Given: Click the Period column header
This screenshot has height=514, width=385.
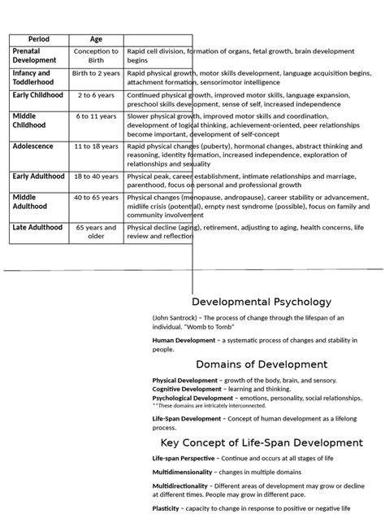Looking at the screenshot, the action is [39, 39].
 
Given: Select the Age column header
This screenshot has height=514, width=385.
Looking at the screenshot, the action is [96, 39].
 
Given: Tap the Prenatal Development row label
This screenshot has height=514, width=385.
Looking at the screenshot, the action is [35, 55].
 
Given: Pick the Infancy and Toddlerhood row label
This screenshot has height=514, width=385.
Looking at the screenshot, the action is [33, 77].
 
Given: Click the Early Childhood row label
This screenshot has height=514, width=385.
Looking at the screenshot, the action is [38, 94].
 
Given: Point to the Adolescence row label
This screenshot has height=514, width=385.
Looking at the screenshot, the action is [33, 146].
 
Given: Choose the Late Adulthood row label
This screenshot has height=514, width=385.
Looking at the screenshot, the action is [37, 228].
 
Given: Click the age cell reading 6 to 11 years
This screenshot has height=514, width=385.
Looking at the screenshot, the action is [96, 117].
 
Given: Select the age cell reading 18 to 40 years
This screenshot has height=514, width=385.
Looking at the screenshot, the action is [96, 176].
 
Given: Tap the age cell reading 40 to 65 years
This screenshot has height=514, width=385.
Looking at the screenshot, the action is [96, 198].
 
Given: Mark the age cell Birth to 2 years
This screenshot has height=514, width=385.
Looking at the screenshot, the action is [96, 73].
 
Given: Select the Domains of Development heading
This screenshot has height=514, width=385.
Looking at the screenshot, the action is [262, 364].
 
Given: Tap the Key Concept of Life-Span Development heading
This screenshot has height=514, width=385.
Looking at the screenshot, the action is [262, 442].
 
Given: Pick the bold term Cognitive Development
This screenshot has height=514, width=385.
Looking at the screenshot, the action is [187, 389].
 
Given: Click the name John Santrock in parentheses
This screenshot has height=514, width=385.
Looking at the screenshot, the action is [175, 317].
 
